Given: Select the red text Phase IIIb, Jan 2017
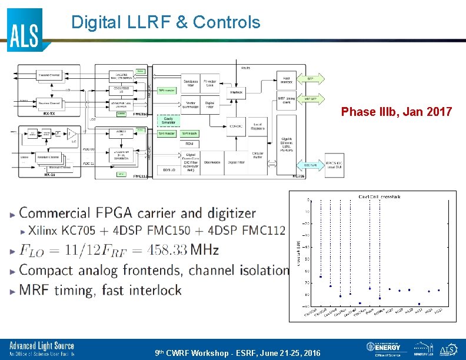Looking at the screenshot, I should pyautogui.click(x=397, y=112).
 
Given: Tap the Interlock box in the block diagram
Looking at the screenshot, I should pyautogui.click(x=237, y=92).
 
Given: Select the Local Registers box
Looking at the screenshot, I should pyautogui.click(x=258, y=125).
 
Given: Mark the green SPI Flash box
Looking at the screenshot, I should pyautogui.click(x=189, y=134).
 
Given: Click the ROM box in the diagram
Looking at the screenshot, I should pyautogui.click(x=189, y=144).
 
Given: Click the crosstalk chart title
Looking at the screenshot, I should pyautogui.click(x=379, y=196).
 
